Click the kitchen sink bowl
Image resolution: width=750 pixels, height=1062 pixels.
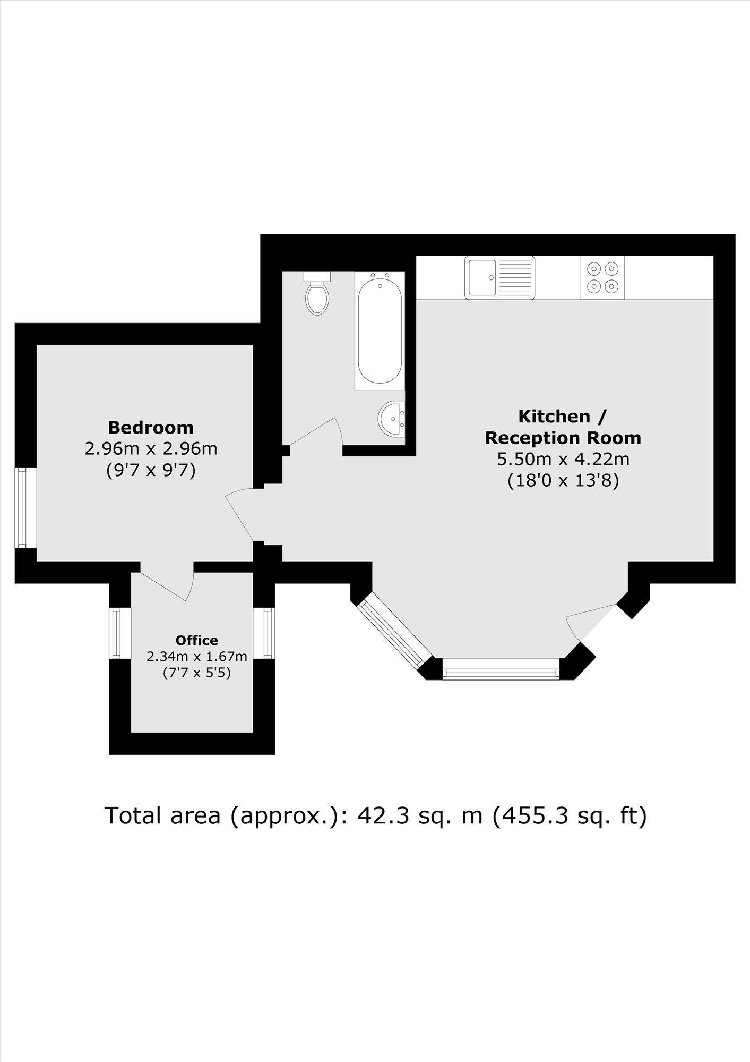[481, 277]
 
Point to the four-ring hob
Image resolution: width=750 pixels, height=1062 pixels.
[602, 278]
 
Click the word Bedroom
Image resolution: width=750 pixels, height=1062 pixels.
[151, 427]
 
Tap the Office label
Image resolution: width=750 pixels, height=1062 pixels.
[196, 640]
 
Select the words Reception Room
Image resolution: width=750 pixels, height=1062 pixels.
[563, 438]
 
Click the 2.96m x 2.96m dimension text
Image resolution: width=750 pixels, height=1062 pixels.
[151, 449]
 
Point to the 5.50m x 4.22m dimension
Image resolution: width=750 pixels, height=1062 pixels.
[563, 459]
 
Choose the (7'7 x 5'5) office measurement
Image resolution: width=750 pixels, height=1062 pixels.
[196, 673]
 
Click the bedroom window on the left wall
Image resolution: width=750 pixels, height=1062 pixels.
[22, 507]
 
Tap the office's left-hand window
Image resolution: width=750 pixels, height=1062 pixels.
[115, 633]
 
